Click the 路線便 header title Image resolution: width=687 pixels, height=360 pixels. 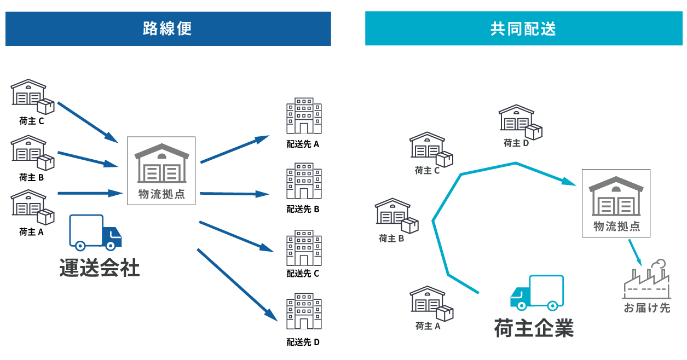[168, 28]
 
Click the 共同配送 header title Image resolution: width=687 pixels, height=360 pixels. [523, 28]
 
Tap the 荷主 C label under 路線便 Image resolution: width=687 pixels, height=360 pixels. [32, 121]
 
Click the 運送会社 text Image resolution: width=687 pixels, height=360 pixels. [100, 269]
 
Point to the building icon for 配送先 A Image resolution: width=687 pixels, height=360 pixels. [304, 116]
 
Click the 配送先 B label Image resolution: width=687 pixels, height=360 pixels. [303, 209]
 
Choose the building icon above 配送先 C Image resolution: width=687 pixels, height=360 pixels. [304, 248]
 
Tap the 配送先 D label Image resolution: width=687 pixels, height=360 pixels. [303, 342]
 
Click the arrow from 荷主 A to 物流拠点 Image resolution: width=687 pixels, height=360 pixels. [89, 193]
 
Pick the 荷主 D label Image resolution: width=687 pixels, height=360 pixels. [516, 143]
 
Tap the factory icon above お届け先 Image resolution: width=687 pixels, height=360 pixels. [646, 278]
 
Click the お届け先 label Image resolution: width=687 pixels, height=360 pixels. [646, 307]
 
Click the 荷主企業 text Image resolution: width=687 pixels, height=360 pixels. [534, 328]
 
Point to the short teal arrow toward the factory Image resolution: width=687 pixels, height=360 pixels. [634, 251]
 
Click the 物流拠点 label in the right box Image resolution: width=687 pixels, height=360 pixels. [616, 226]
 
